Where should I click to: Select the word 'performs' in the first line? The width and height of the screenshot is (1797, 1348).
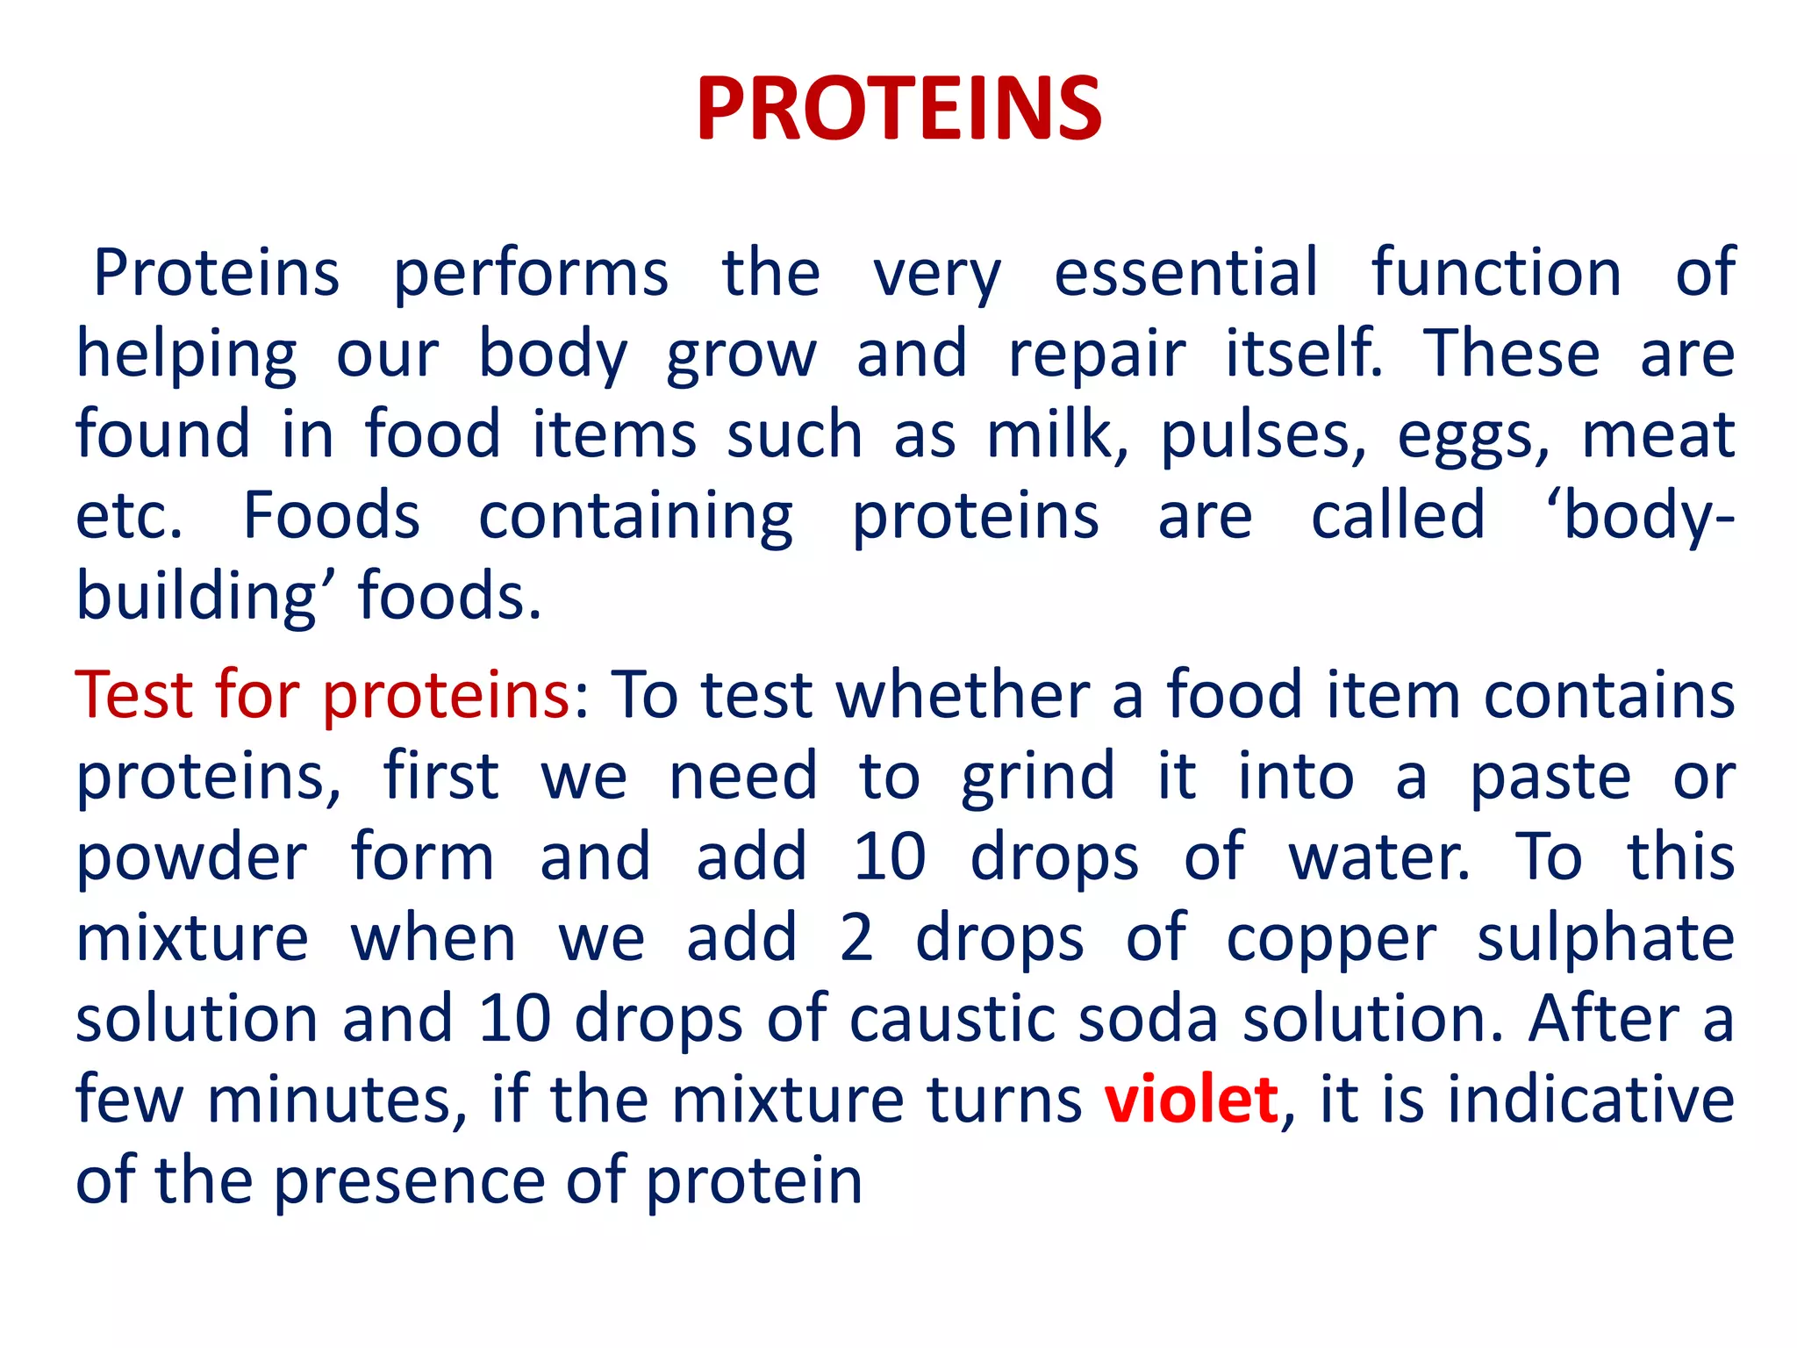pyautogui.click(x=531, y=274)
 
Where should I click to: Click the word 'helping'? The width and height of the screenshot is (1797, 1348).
pyautogui.click(x=187, y=355)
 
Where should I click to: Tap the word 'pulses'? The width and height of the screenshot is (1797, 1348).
pyautogui.click(x=1262, y=437)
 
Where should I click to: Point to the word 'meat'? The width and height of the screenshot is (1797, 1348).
pyautogui.click(x=1658, y=435)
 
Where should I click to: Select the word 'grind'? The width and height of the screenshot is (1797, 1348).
pyautogui.click(x=1038, y=778)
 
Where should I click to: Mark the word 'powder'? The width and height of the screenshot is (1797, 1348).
pyautogui.click(x=191, y=858)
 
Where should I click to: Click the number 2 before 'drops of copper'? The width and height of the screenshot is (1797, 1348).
pyautogui.click(x=856, y=938)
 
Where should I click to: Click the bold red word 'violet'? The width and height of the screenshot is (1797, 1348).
pyautogui.click(x=1191, y=1100)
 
